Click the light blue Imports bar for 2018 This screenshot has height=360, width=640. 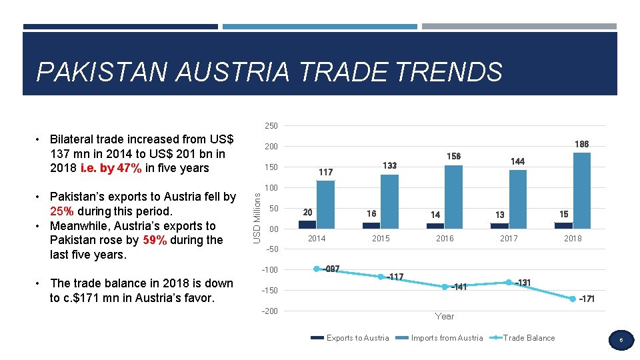tap(581, 191)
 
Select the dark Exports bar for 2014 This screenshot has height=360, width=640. tap(307, 225)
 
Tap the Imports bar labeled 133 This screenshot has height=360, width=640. tap(389, 201)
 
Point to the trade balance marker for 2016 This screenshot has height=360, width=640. tap(444, 287)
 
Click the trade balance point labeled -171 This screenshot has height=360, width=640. tap(572, 299)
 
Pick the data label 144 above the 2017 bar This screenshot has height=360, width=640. tap(517, 161)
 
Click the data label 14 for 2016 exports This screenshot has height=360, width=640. tap(435, 215)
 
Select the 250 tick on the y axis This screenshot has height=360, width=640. tap(271, 126)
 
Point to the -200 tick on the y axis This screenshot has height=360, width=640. tap(270, 311)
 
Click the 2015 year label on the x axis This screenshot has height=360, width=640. tap(380, 239)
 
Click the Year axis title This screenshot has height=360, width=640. tap(444, 316)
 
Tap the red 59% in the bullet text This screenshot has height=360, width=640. tap(155, 240)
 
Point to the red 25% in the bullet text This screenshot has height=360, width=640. tap(63, 211)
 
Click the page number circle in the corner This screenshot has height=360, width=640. tap(620, 341)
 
